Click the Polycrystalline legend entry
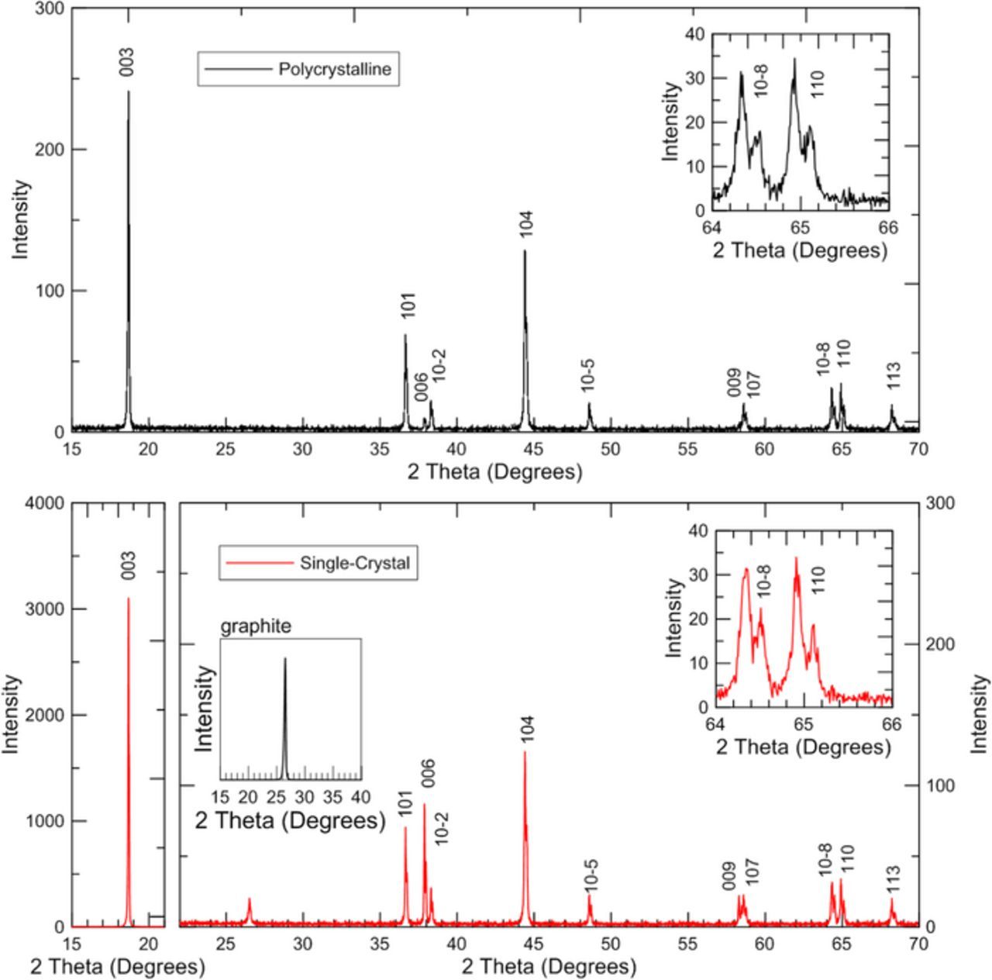click(x=298, y=70)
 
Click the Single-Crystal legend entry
click(x=318, y=563)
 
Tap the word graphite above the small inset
click(x=256, y=626)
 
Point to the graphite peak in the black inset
click(x=284, y=659)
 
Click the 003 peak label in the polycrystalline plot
click(x=127, y=62)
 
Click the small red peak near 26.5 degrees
click(x=249, y=900)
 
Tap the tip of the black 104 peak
click(x=525, y=250)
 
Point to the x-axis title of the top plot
click(x=494, y=472)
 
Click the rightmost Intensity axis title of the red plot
click(x=980, y=713)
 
